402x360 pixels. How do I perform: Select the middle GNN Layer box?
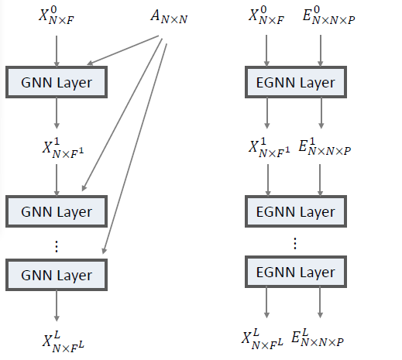(57, 211)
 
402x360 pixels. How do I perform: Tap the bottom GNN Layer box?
(57, 276)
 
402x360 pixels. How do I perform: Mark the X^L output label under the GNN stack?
(61, 340)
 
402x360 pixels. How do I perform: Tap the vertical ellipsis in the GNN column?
(55, 245)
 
